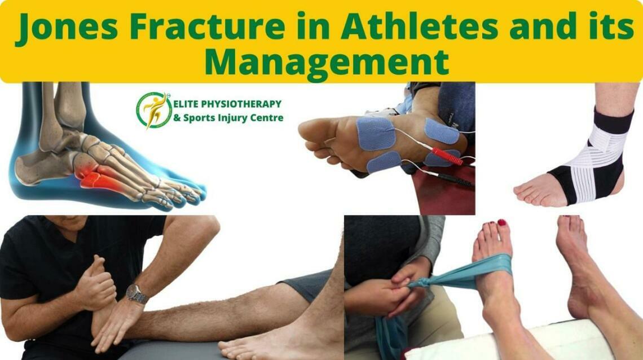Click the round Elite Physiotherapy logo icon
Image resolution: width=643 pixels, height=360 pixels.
(x=154, y=109)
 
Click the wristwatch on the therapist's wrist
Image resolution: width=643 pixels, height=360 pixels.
(x=136, y=293)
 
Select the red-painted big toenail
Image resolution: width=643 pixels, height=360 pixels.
(x=501, y=223)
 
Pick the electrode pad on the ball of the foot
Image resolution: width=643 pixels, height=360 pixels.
(x=375, y=133)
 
